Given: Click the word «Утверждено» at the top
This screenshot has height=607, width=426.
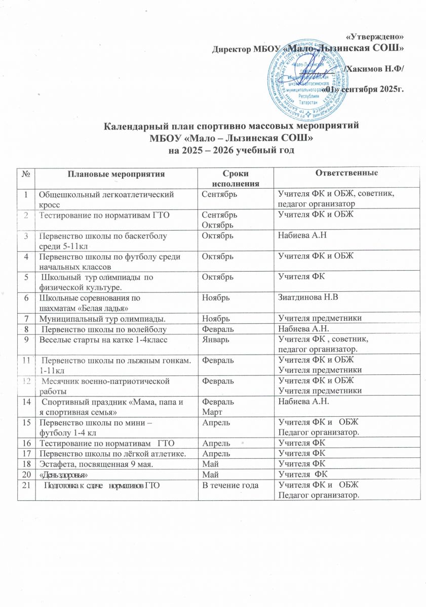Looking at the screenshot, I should click(x=377, y=36).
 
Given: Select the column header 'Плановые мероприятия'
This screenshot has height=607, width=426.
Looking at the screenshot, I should click(x=115, y=174).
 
